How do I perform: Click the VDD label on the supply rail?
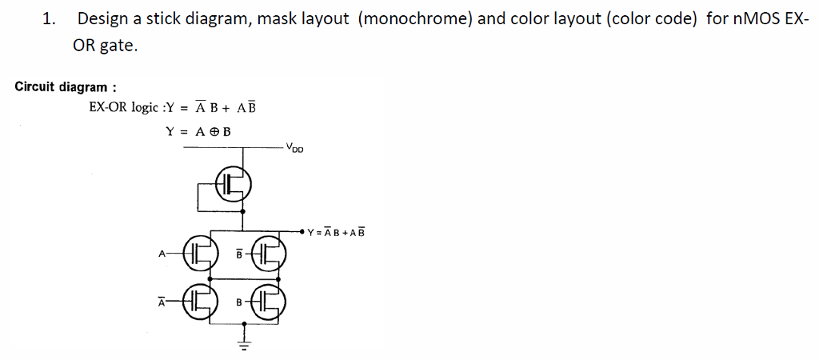(295, 148)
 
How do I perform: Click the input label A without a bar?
(162, 254)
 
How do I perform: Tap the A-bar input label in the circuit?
(161, 302)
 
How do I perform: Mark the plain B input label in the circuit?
(238, 302)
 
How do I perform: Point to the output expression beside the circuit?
(335, 234)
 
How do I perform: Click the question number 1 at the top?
(48, 19)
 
